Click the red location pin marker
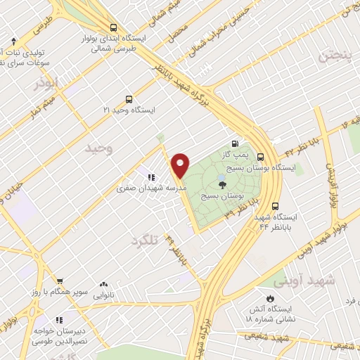point(181,165)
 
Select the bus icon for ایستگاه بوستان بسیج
point(261,157)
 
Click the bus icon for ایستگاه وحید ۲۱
point(128,99)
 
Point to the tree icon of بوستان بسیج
point(223,184)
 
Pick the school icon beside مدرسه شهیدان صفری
point(150,177)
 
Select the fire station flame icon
point(267,297)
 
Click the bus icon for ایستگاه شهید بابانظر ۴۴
point(274,207)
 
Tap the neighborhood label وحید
point(98,149)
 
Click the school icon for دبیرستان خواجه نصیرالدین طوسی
point(60,320)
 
